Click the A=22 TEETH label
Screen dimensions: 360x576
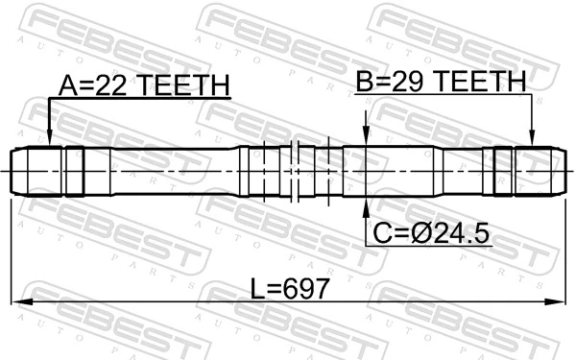[x=144, y=85]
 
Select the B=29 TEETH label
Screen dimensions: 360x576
[x=441, y=83]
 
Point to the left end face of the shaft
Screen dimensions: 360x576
[x=12, y=173]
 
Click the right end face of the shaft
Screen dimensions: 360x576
[x=564, y=173]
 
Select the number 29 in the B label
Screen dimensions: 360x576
[x=407, y=83]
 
